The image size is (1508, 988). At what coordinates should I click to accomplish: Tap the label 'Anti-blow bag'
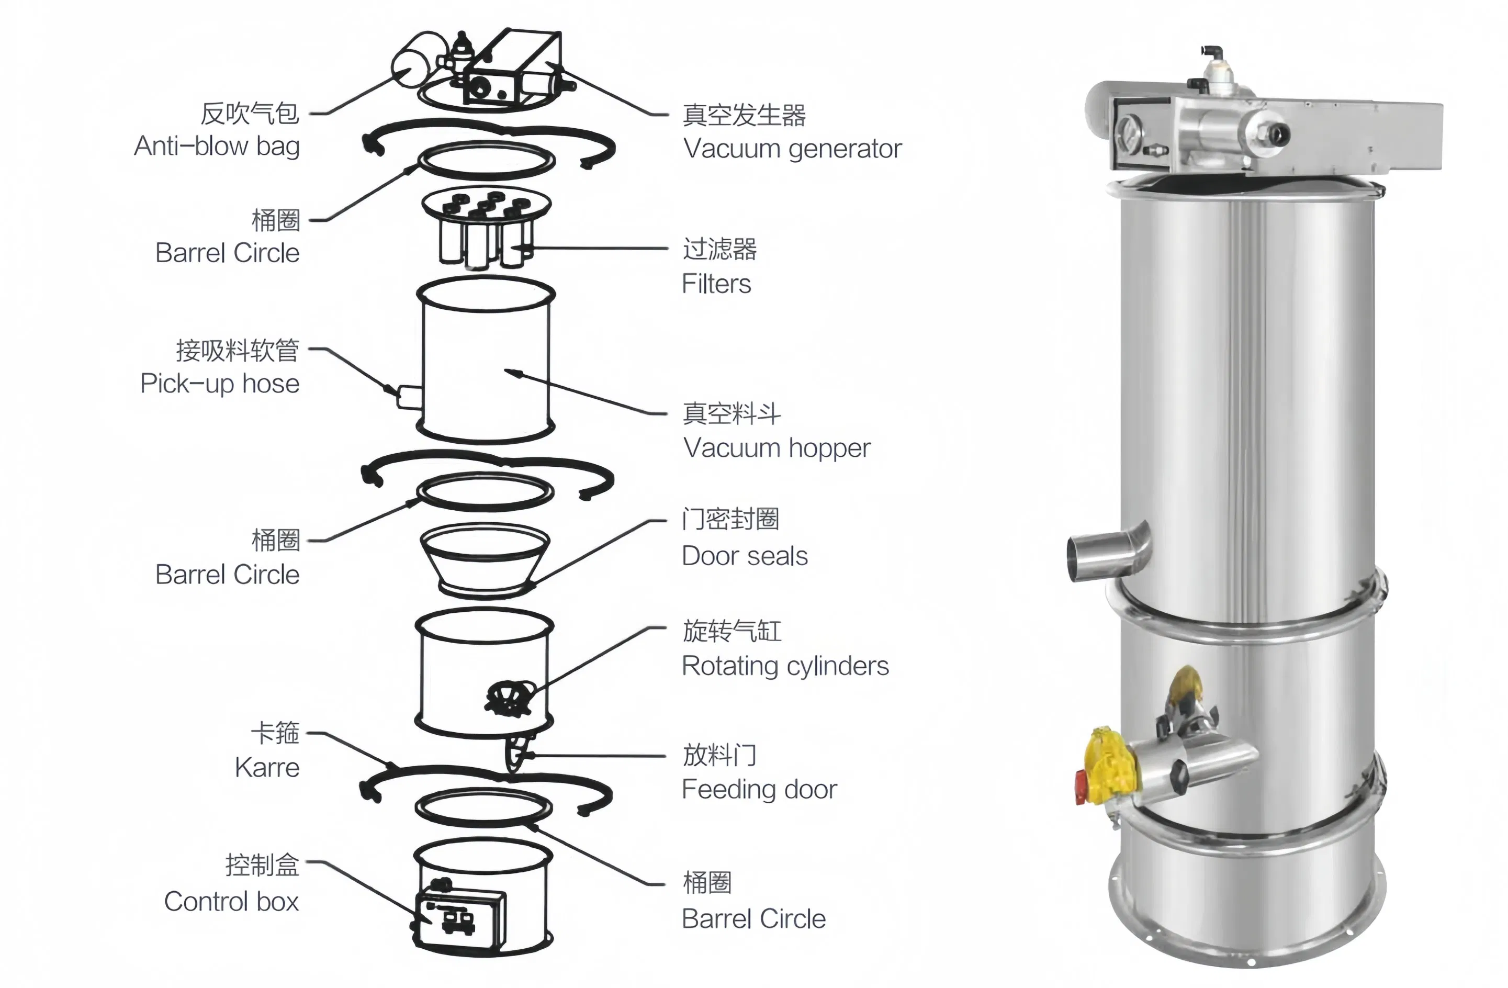pyautogui.click(x=217, y=147)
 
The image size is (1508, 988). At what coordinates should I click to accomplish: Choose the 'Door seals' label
pyautogui.click(x=745, y=556)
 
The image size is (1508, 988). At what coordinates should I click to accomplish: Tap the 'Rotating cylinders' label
pyautogui.click(x=785, y=666)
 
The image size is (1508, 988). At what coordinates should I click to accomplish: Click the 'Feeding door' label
pyautogui.click(x=759, y=790)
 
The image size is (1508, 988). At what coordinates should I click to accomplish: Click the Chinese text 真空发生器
pyautogui.click(x=744, y=115)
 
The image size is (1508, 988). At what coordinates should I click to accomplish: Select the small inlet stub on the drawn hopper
pyautogui.click(x=409, y=397)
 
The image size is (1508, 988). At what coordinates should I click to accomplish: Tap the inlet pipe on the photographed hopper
pyautogui.click(x=1106, y=553)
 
